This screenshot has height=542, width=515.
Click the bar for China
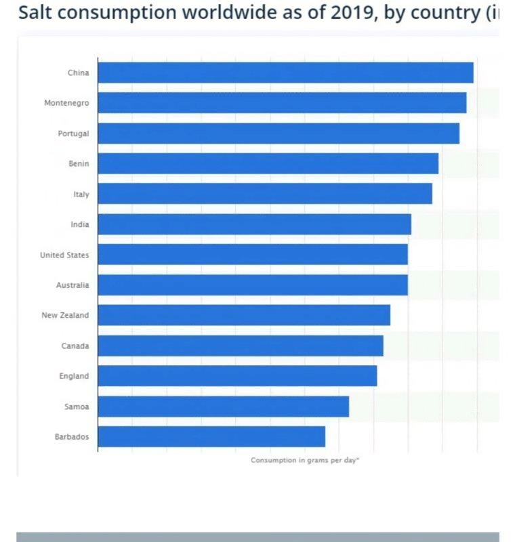(x=285, y=72)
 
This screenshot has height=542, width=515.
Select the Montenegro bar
(x=281, y=103)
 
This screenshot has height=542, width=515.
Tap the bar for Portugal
(x=278, y=133)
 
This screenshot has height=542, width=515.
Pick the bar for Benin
(x=268, y=163)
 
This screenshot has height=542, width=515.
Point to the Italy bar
(x=264, y=194)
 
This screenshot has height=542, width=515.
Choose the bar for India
(x=254, y=224)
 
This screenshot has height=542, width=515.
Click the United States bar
(x=252, y=255)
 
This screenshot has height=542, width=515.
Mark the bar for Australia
(x=252, y=285)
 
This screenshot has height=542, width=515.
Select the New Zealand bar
(x=244, y=315)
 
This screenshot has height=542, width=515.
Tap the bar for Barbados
(x=211, y=436)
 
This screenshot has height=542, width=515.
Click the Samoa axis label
(x=77, y=406)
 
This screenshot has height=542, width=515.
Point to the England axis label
(x=74, y=376)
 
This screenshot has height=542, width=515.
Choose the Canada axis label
(x=75, y=346)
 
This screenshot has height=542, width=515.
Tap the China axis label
(x=78, y=72)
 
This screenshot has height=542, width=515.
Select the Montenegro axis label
(x=66, y=103)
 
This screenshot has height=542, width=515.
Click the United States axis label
(x=64, y=255)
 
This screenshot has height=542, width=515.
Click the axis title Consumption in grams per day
(x=305, y=460)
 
